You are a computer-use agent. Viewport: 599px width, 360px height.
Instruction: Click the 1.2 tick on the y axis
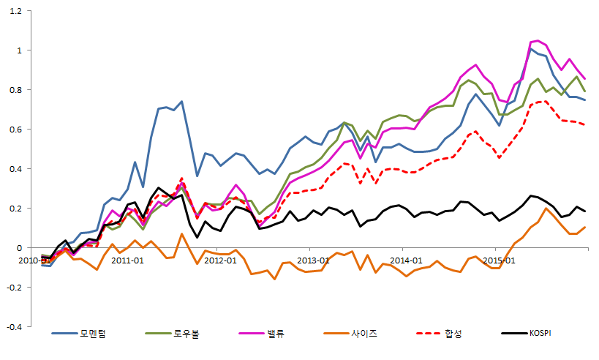(16, 11)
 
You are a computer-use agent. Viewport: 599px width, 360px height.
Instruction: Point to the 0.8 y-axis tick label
(16, 90)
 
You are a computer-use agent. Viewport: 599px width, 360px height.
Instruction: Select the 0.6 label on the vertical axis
(16, 130)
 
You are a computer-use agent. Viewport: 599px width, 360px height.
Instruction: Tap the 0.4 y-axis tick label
(16, 169)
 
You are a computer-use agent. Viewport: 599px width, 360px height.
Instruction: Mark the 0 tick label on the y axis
(20, 248)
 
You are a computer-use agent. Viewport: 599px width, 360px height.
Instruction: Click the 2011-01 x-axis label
(129, 260)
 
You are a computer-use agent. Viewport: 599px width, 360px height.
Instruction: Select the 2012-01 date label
(221, 260)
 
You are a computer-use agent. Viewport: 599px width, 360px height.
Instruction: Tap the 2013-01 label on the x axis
(313, 260)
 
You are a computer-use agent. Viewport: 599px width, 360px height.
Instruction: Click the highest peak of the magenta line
(538, 41)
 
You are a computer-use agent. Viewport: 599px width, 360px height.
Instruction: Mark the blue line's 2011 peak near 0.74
(181, 102)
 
